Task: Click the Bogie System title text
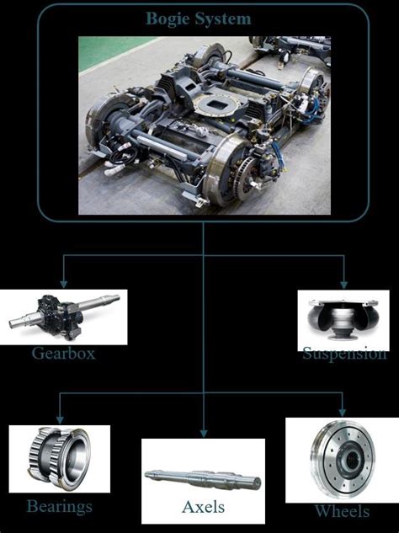[x=198, y=18]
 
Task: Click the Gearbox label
[x=64, y=354]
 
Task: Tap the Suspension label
[x=344, y=354]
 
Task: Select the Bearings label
[x=59, y=506]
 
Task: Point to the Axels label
[x=203, y=507]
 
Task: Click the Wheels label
[x=342, y=511]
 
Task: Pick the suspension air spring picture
[x=343, y=320]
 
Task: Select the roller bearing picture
[x=60, y=462]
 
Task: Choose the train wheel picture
[x=341, y=460]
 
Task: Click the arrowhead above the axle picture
[x=203, y=431]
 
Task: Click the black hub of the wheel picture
[x=344, y=461]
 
